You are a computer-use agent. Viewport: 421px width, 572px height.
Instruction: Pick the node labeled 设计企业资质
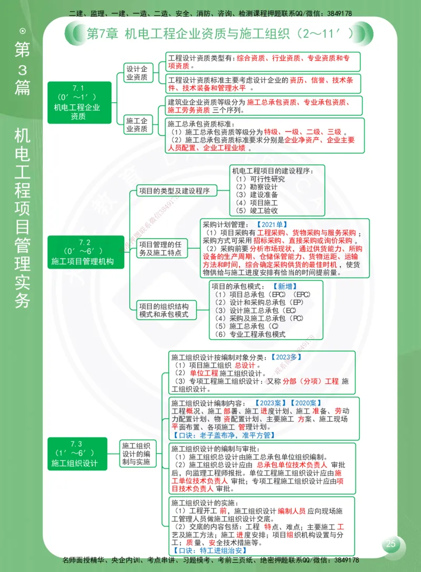[x=136, y=73]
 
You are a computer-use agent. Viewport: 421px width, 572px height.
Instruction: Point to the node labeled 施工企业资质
[x=136, y=125]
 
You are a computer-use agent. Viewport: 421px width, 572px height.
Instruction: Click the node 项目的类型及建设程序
[x=174, y=191]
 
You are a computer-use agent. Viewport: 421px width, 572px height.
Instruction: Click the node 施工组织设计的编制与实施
[x=136, y=453]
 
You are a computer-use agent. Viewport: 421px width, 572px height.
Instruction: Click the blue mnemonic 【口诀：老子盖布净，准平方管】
[x=224, y=435]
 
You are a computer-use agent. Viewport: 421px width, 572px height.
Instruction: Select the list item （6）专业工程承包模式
[x=250, y=334]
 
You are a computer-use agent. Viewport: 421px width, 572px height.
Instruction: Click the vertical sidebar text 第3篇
[x=23, y=68]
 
